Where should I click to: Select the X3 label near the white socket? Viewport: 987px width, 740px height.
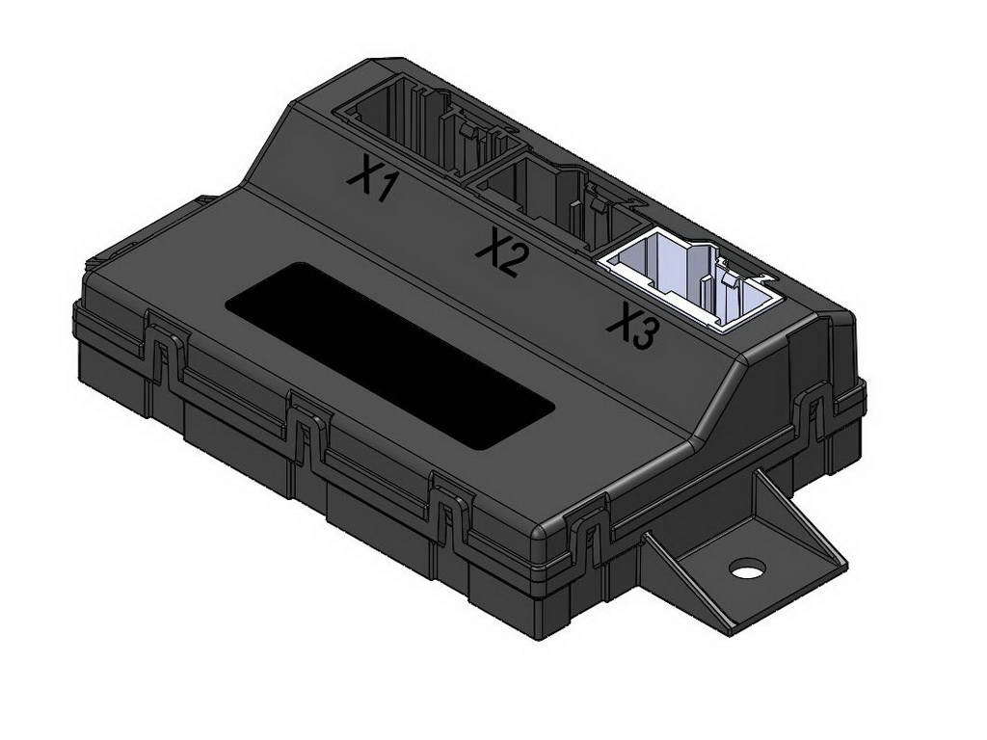(634, 329)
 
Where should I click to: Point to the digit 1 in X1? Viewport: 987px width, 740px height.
(385, 186)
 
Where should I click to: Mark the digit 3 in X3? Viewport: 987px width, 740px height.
(647, 334)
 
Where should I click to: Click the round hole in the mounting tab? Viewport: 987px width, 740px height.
(746, 568)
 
